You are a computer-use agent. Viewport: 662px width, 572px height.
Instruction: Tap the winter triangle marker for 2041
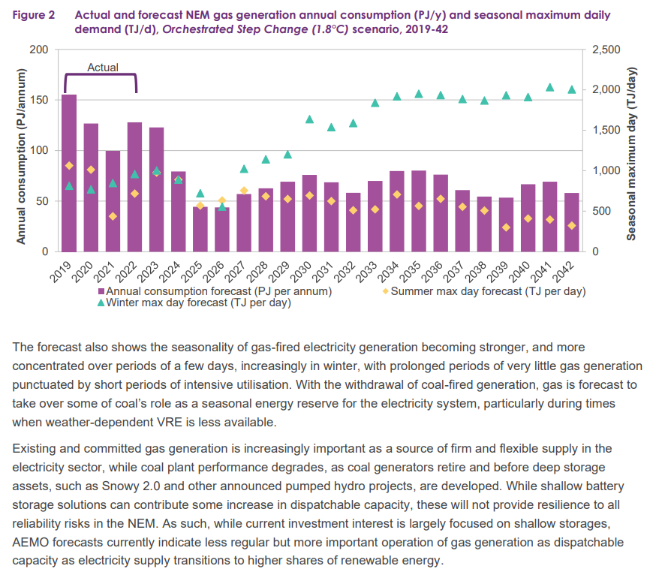tap(549, 88)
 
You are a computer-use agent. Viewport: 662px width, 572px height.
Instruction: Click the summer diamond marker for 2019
tap(69, 165)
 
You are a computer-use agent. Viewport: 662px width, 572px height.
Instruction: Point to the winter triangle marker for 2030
tap(309, 119)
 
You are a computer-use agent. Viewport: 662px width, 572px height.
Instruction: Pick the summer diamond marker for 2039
tap(506, 227)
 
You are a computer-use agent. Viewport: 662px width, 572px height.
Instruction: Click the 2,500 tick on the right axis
tap(605, 50)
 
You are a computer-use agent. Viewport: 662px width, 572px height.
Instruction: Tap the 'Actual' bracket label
tap(103, 68)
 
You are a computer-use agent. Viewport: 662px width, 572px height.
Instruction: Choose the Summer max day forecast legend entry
tap(488, 291)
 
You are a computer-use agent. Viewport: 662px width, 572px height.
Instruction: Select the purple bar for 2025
tap(200, 229)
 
